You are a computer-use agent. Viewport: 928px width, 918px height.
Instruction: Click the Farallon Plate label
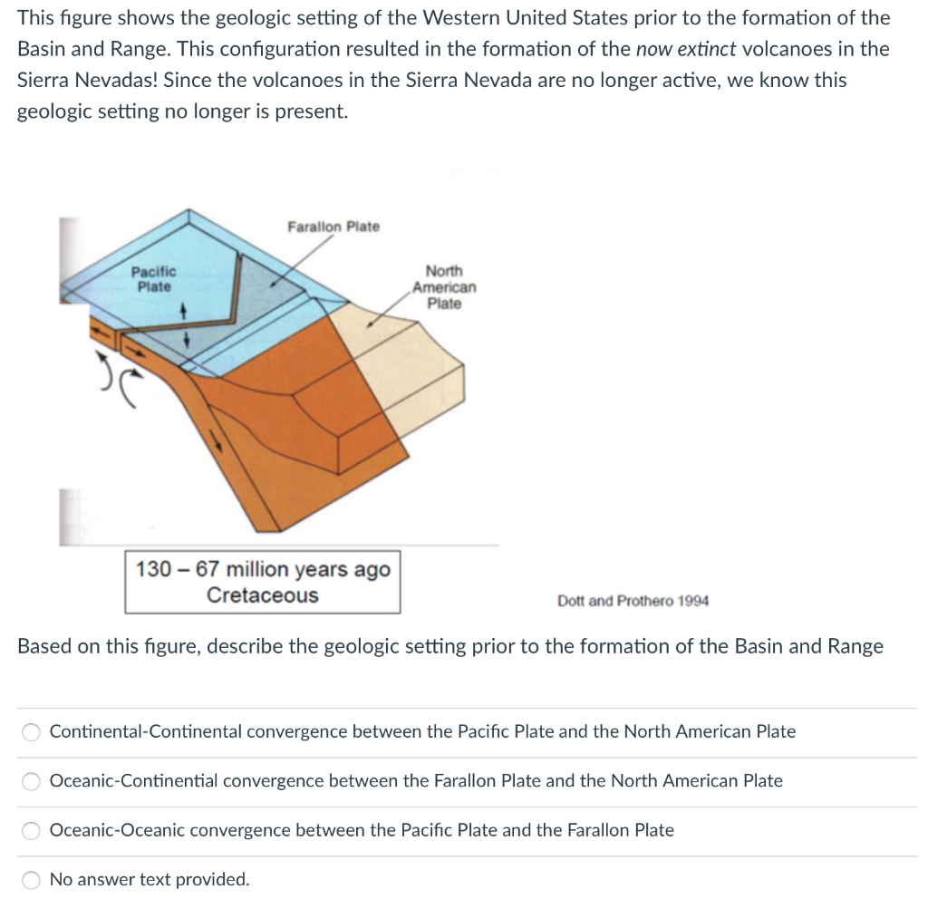click(x=333, y=227)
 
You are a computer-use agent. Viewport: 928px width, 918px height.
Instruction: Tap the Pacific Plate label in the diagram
click(x=154, y=279)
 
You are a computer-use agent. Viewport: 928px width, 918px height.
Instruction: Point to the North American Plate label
click(x=444, y=287)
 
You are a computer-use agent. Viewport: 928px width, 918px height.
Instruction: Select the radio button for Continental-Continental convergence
click(x=32, y=732)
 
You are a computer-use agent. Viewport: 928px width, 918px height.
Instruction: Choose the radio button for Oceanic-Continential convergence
click(x=32, y=781)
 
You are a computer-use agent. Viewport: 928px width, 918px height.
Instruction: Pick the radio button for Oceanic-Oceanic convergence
click(x=32, y=831)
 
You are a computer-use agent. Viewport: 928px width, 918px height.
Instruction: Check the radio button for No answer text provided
click(x=32, y=880)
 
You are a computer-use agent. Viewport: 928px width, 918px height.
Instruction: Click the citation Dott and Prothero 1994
click(x=633, y=601)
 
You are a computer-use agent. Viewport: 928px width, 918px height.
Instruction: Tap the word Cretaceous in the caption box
click(x=263, y=595)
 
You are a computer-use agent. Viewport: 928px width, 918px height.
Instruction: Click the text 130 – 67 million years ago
click(x=263, y=570)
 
